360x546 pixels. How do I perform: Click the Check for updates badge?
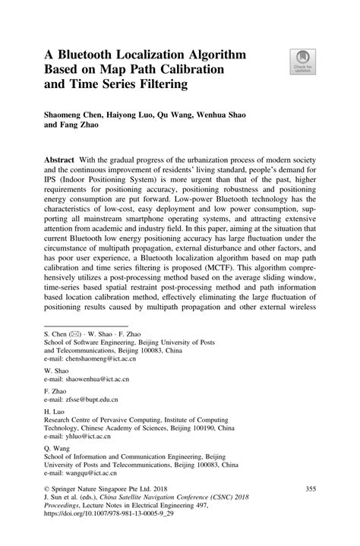coord(302,62)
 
